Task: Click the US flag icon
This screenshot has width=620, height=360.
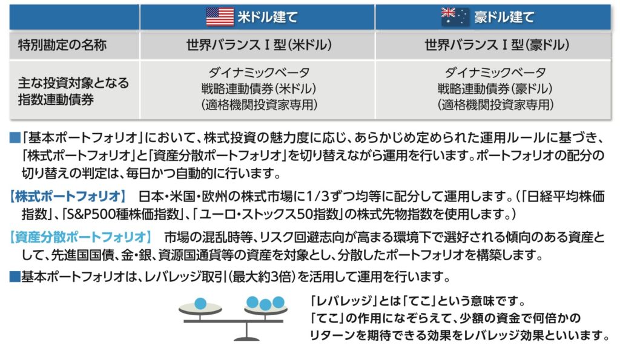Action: point(220,16)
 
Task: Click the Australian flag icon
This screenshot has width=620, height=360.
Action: point(454,16)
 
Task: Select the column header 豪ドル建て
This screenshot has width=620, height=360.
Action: point(504,17)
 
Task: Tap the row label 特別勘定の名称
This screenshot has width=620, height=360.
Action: point(51,45)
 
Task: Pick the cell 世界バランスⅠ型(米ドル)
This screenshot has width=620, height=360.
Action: point(259,45)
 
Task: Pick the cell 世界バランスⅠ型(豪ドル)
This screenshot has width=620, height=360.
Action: point(496,45)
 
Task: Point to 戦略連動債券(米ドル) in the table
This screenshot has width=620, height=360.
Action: point(259,89)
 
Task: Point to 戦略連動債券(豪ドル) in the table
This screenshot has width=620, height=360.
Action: point(496,89)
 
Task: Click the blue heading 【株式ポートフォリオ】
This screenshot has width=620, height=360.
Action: point(67,198)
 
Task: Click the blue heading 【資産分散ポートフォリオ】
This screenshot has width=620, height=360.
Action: point(79,237)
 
